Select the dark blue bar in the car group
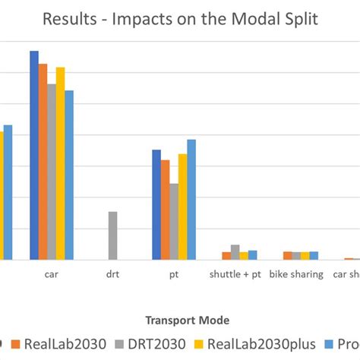(x=34, y=156)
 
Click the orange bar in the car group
(x=43, y=162)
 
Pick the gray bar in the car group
(x=52, y=172)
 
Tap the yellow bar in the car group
(x=61, y=163)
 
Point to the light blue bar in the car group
(x=69, y=175)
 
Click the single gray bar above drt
(x=113, y=235)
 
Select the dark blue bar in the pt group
(x=156, y=205)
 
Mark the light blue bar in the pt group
(x=191, y=200)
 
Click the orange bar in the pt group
(x=165, y=210)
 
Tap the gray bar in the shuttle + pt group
(x=235, y=252)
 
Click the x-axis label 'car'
(x=52, y=274)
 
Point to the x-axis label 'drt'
(x=113, y=274)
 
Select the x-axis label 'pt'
(x=174, y=274)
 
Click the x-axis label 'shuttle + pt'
(x=235, y=274)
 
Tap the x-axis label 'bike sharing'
(x=297, y=274)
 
